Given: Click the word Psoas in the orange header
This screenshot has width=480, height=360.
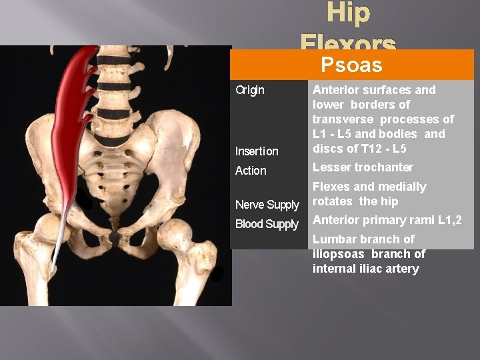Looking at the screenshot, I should coord(351,65).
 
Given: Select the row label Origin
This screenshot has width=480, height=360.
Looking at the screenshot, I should coord(250,90).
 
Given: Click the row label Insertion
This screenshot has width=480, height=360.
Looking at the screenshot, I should coord(257,151).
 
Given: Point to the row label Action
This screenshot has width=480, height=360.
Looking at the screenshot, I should coord(251,171).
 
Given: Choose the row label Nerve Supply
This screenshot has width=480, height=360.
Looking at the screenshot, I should coord(267,205).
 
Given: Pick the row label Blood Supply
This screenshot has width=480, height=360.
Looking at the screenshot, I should coord(267,224).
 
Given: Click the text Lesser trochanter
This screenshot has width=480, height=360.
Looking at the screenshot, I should coord(363,167).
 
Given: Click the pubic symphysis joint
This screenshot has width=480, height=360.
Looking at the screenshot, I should coord(115,237).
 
